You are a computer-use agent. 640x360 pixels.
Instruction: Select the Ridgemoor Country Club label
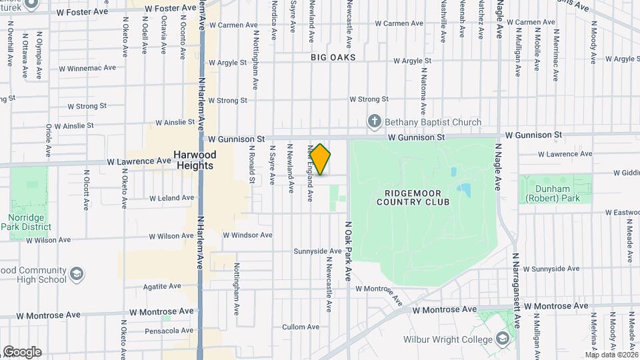point(412,197)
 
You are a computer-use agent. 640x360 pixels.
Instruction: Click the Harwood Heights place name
point(193,160)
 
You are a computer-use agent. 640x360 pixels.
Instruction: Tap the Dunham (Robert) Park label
point(552,193)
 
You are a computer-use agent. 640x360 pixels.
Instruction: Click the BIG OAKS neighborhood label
point(333,58)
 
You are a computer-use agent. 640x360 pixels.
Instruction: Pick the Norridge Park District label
point(30,222)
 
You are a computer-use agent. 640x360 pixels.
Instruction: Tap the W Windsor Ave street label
point(247,235)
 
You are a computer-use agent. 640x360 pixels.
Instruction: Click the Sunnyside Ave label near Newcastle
point(317,251)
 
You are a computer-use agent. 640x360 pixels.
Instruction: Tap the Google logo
point(22,351)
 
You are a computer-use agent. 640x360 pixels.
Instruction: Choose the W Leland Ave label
point(171,198)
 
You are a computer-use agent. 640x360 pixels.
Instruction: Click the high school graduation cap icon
point(77,274)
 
